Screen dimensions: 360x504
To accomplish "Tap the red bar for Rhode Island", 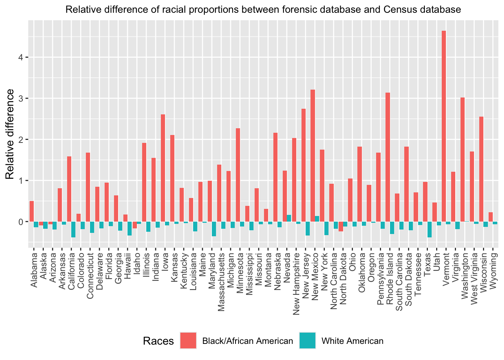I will pyautogui.click(x=388, y=157).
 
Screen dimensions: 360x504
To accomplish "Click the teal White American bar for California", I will pyautogui.click(x=73, y=229).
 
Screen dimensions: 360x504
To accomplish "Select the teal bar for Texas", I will pyautogui.click(x=429, y=229).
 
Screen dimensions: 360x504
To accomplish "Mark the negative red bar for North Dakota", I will pyautogui.click(x=341, y=226).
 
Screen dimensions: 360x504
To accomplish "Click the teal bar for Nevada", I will pyautogui.click(x=289, y=218).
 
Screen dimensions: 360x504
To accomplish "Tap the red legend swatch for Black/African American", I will pyautogui.click(x=188, y=340).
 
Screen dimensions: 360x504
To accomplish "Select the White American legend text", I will pyautogui.click(x=352, y=341).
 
